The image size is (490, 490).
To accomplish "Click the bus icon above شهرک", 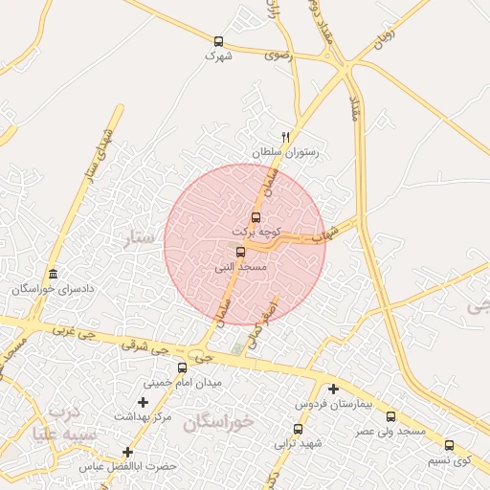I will tap(218, 41).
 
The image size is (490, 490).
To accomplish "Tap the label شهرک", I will tap(218, 56).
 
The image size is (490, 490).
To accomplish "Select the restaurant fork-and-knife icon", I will tap(285, 137).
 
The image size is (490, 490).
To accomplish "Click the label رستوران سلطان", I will tap(284, 152).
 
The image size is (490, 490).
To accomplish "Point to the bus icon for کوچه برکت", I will tap(256, 217).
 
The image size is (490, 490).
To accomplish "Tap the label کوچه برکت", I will tap(256, 233).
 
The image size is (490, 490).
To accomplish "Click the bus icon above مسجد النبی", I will tap(240, 253).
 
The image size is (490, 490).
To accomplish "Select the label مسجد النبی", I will tap(239, 268).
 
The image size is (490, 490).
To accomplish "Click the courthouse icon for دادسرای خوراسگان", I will tap(53, 274).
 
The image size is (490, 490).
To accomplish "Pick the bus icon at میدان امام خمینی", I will tap(182, 367).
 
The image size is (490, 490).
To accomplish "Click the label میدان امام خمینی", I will tap(182, 383).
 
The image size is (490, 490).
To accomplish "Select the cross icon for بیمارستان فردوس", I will tap(333, 389).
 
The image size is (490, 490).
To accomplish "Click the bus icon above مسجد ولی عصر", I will tap(390, 417).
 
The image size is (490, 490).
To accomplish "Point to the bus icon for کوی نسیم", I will tap(449, 445).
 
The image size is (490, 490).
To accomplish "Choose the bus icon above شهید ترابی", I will tap(299, 429).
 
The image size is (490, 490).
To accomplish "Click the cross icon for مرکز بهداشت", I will tap(143, 402).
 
